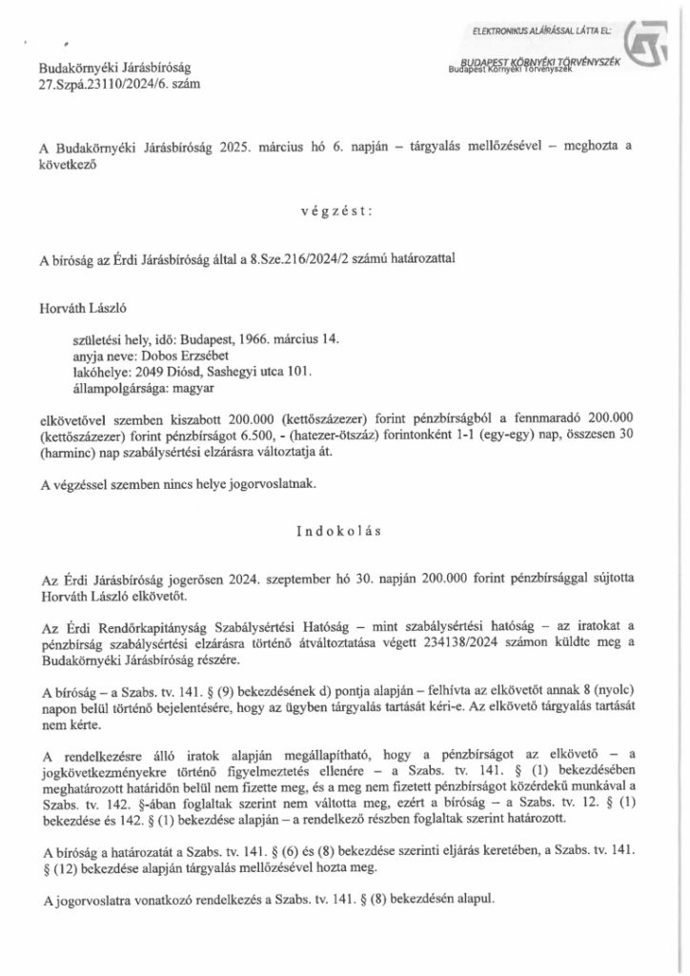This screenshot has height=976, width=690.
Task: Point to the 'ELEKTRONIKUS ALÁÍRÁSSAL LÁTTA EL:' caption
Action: point(546,34)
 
